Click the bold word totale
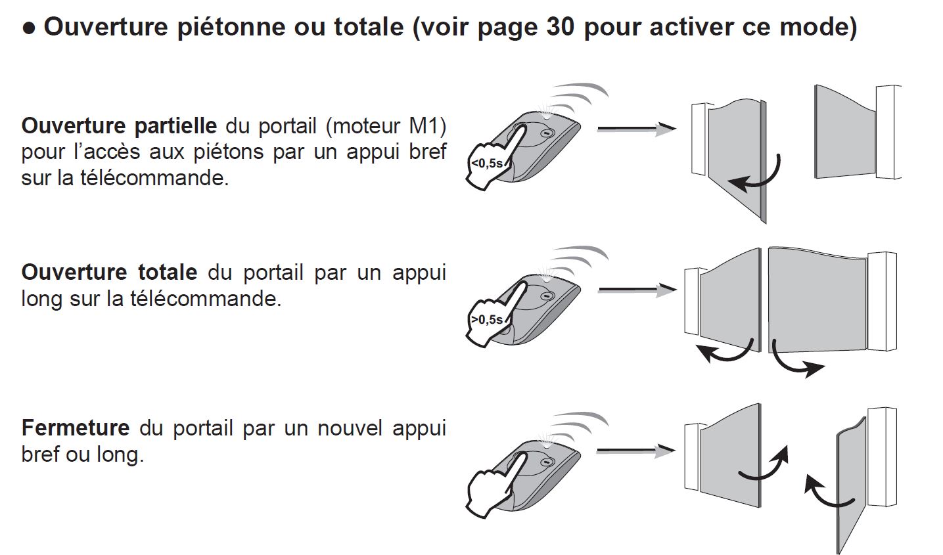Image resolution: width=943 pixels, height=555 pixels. (x=168, y=272)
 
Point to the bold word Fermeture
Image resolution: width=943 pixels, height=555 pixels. (x=76, y=428)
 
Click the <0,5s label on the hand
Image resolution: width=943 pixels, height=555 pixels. (x=486, y=164)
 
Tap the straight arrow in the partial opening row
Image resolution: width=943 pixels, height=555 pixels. (x=635, y=129)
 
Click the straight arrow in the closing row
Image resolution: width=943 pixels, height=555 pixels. (x=635, y=450)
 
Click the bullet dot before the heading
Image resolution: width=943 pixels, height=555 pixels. (x=28, y=28)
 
